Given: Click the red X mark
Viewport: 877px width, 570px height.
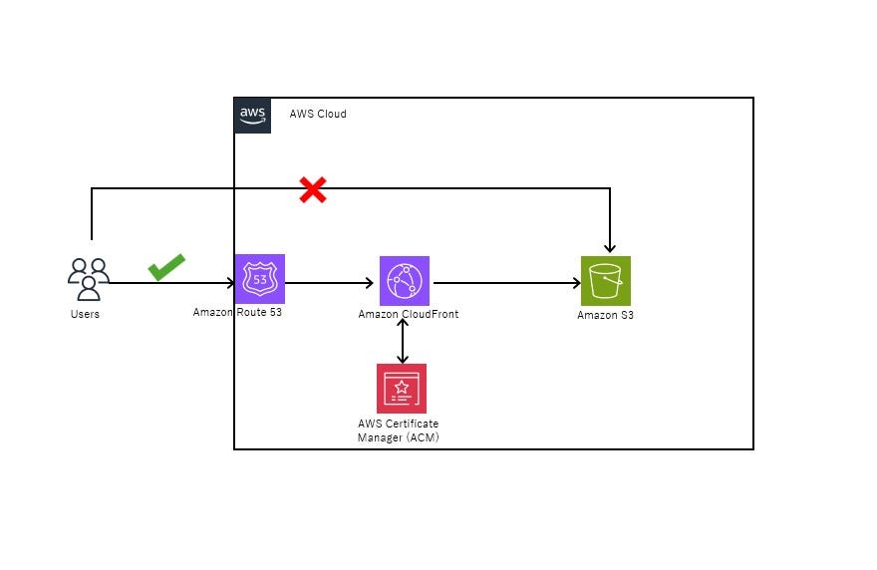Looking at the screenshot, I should pos(313,190).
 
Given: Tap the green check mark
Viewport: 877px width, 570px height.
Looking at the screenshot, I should pos(166,267).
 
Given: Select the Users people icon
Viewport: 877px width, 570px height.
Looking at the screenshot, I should pos(88,279).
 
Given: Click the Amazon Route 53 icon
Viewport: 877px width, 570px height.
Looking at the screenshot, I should pos(259,279).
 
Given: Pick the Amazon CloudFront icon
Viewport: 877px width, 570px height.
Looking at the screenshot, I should pos(404,281).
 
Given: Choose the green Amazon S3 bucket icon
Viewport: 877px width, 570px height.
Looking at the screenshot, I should pos(606,281).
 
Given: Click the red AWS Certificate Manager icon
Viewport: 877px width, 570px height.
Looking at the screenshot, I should pos(402,388).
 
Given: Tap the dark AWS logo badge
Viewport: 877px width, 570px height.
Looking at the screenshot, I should pos(253,115).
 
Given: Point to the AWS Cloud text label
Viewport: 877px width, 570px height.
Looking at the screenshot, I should pos(318,115).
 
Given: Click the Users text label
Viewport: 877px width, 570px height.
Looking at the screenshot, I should pos(85,315).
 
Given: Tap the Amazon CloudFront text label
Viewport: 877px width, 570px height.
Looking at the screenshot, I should pos(409,315).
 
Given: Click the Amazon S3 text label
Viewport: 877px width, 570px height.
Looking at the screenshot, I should pos(605,316).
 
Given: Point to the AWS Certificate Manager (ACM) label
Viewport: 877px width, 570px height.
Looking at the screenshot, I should pos(398,430).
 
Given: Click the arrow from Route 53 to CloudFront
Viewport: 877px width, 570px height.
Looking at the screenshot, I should pos(329,283).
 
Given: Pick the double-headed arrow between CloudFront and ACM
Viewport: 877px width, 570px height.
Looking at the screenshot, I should pos(403,340).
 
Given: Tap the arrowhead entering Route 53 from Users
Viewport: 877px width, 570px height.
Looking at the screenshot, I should pos(230,283).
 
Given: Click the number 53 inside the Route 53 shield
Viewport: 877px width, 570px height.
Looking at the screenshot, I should pos(260,280).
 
